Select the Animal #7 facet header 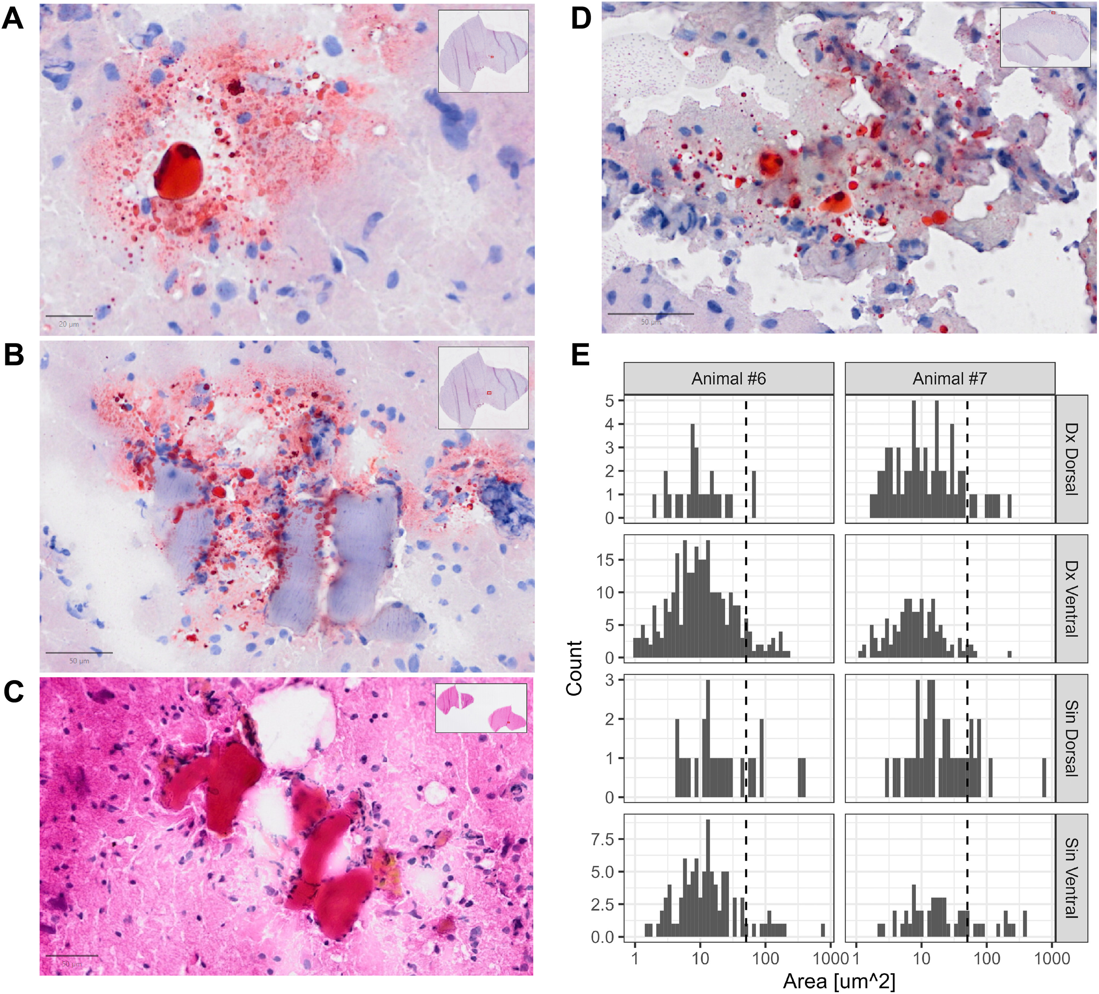tap(950, 378)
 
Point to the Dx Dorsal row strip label tap(1071, 459)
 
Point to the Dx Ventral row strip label tap(1071, 598)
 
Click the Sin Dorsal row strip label tap(1071, 738)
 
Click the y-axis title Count tap(575, 668)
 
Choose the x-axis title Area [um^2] tap(839, 981)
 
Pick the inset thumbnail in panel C tap(481, 708)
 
